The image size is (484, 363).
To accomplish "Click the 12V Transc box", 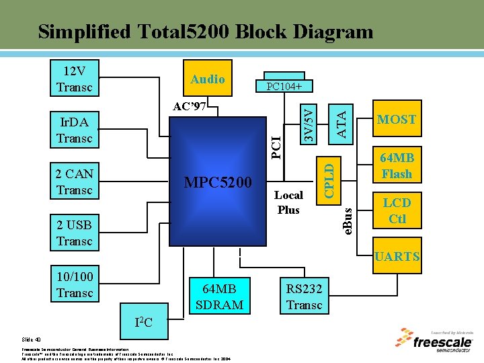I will tap(75, 79).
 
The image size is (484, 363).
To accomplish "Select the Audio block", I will tap(208, 79).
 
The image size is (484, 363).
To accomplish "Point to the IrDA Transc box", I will tap(75, 130).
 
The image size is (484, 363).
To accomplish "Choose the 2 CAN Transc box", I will tap(75, 182).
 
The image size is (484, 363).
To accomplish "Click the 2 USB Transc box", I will tap(75, 233).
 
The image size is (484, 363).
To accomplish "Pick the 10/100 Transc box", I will tap(75, 284).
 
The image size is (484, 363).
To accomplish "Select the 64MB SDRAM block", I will tap(219, 296).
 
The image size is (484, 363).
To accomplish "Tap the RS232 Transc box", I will tap(305, 296).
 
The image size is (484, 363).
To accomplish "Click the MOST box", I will tap(397, 120).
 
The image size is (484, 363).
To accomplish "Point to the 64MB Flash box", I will tap(397, 166).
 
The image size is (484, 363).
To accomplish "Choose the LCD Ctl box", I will tap(397, 210).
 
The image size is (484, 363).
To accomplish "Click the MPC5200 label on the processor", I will tap(218, 183).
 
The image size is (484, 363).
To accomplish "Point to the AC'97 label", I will tap(189, 107).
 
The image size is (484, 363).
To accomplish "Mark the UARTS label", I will tap(397, 256).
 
